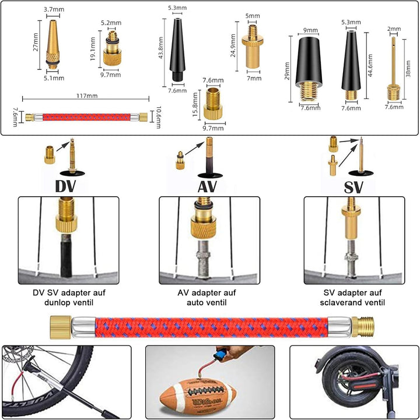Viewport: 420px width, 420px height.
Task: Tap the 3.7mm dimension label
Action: tap(54, 9)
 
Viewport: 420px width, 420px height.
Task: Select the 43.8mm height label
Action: tap(160, 48)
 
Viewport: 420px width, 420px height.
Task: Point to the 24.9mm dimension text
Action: tap(233, 45)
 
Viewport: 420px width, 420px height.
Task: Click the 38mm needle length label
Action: tap(408, 69)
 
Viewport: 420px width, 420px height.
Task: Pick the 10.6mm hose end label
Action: tap(159, 117)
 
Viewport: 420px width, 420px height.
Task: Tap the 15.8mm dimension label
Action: tap(195, 105)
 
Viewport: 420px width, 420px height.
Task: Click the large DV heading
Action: tap(66, 186)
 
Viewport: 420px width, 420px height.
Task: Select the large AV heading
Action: tap(206, 186)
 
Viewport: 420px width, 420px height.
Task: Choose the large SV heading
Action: tap(353, 187)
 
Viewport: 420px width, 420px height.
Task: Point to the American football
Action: tap(198, 396)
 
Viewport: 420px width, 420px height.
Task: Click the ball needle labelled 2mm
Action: tap(394, 69)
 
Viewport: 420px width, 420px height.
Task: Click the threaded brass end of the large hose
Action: tap(363, 327)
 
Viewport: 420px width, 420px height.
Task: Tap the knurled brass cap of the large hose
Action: tap(61, 327)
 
